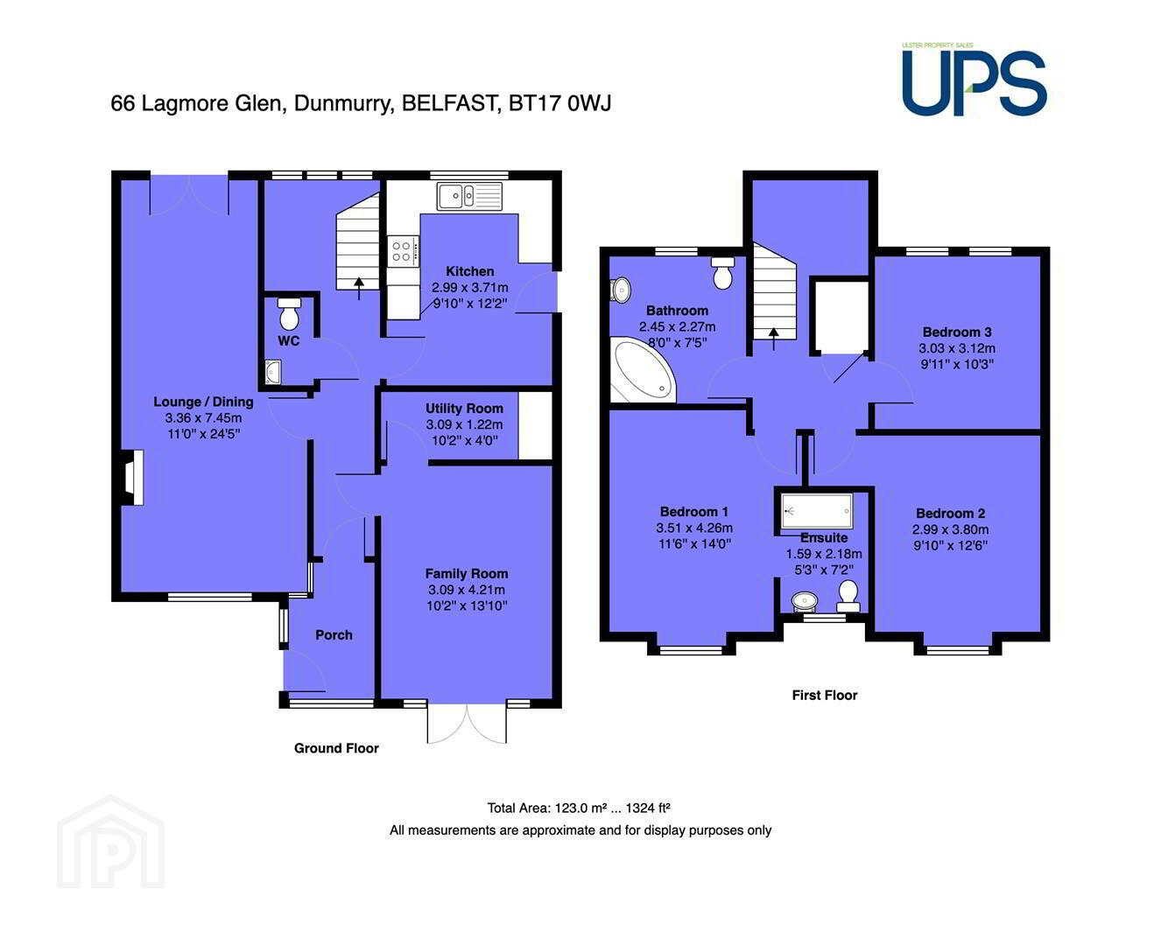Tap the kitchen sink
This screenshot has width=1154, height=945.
[469, 196]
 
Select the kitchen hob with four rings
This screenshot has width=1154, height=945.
[404, 252]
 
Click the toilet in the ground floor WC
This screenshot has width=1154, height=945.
[289, 312]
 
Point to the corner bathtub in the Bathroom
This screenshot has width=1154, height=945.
[644, 369]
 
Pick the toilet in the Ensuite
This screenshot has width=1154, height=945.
[848, 596]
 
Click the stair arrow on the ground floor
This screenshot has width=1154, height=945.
[358, 289]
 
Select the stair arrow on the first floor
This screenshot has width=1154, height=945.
[773, 339]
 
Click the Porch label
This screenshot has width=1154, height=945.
[334, 635]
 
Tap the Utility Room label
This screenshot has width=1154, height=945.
[465, 409]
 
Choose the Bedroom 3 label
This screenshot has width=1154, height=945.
[957, 332]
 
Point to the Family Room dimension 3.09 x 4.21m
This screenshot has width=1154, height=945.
[467, 590]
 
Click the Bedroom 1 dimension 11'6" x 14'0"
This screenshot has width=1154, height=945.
[694, 543]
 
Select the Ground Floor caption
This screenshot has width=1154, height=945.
[336, 748]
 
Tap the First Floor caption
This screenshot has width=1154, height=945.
[825, 695]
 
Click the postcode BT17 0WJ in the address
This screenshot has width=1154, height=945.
[559, 103]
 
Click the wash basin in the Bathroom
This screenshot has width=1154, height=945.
[621, 290]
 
